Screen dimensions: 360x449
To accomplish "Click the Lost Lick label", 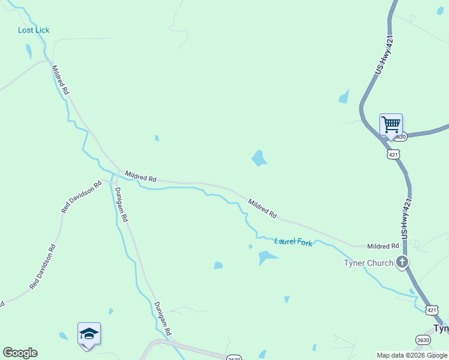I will tap(34, 30).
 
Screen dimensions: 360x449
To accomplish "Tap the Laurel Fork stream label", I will tap(294, 242).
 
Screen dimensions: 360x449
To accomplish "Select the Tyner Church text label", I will tap(368, 263).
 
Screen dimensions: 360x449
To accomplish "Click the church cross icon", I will tap(402, 262).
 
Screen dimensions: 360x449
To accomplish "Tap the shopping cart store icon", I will tap(391, 125).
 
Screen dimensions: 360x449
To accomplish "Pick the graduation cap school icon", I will tap(88, 334).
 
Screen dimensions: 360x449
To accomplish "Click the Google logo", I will tap(20, 353).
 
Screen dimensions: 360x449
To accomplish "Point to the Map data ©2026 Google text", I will tap(412, 356).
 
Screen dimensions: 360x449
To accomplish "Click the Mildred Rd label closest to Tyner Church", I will tap(383, 246).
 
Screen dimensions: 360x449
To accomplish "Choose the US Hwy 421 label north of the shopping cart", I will tap(384, 55).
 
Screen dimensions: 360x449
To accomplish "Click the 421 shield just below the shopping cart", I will tap(393, 154).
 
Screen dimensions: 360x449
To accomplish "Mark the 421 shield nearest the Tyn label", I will tap(432, 310).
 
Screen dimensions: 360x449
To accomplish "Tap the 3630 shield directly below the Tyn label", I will tap(423, 340).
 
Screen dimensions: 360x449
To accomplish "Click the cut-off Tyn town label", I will tap(441, 329).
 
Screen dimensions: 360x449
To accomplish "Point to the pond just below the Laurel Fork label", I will tap(266, 257).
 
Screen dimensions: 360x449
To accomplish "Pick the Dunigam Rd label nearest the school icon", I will tap(162, 317).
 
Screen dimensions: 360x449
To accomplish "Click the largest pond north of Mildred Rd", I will tap(259, 158).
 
